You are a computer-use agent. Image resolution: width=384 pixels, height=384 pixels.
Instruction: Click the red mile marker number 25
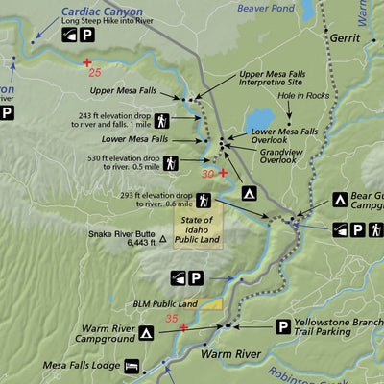[93, 72]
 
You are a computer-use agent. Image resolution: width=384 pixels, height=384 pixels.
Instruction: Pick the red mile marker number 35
[171, 318]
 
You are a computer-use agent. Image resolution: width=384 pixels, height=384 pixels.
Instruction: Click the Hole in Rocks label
[303, 95]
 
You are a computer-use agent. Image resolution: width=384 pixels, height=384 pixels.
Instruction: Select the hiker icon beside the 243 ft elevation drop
[161, 121]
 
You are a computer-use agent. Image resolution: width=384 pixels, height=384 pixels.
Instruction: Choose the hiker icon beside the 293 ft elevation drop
[204, 199]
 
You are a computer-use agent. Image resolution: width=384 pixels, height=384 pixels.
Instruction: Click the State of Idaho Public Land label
[198, 230]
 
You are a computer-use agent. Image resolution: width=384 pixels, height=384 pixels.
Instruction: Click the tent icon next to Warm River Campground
[146, 333]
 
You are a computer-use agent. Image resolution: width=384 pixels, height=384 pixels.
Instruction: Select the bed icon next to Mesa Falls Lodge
[131, 366]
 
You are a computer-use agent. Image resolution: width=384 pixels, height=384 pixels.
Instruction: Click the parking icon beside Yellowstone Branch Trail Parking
[283, 327]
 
